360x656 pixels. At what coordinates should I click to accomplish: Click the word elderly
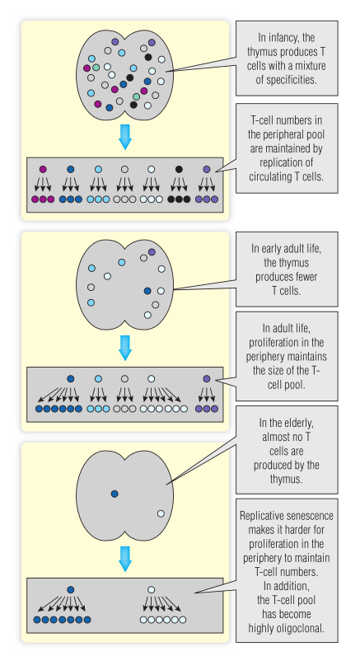295,423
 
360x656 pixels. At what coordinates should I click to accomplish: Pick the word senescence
310,515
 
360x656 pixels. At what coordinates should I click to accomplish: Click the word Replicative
261,515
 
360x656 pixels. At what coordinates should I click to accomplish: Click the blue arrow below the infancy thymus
125,137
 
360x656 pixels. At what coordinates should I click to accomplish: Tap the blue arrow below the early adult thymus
125,348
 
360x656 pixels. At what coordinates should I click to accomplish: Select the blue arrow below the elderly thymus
125,559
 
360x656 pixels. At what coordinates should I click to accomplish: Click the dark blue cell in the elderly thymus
115,494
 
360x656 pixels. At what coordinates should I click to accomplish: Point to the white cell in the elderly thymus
161,513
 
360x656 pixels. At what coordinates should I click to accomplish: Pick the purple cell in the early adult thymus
152,252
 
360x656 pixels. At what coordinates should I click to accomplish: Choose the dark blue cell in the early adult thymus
147,291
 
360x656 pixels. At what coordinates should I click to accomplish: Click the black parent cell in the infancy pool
179,170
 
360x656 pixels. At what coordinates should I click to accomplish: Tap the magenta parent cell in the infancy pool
43,170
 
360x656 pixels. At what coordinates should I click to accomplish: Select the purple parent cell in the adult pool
207,378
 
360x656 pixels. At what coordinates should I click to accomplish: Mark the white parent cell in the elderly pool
152,589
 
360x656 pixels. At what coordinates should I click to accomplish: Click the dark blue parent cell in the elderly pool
71,589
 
